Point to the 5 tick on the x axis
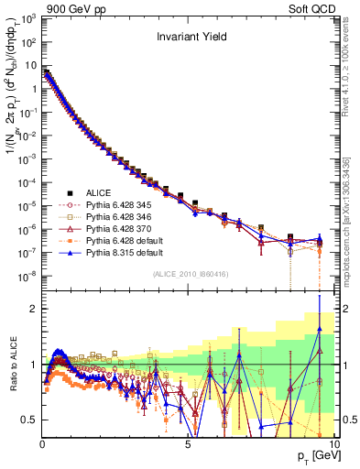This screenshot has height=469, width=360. [x=188, y=444]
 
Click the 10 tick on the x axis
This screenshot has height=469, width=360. [x=333, y=444]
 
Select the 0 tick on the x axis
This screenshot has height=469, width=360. [x=42, y=444]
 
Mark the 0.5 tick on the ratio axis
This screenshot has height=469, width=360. [x=30, y=420]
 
